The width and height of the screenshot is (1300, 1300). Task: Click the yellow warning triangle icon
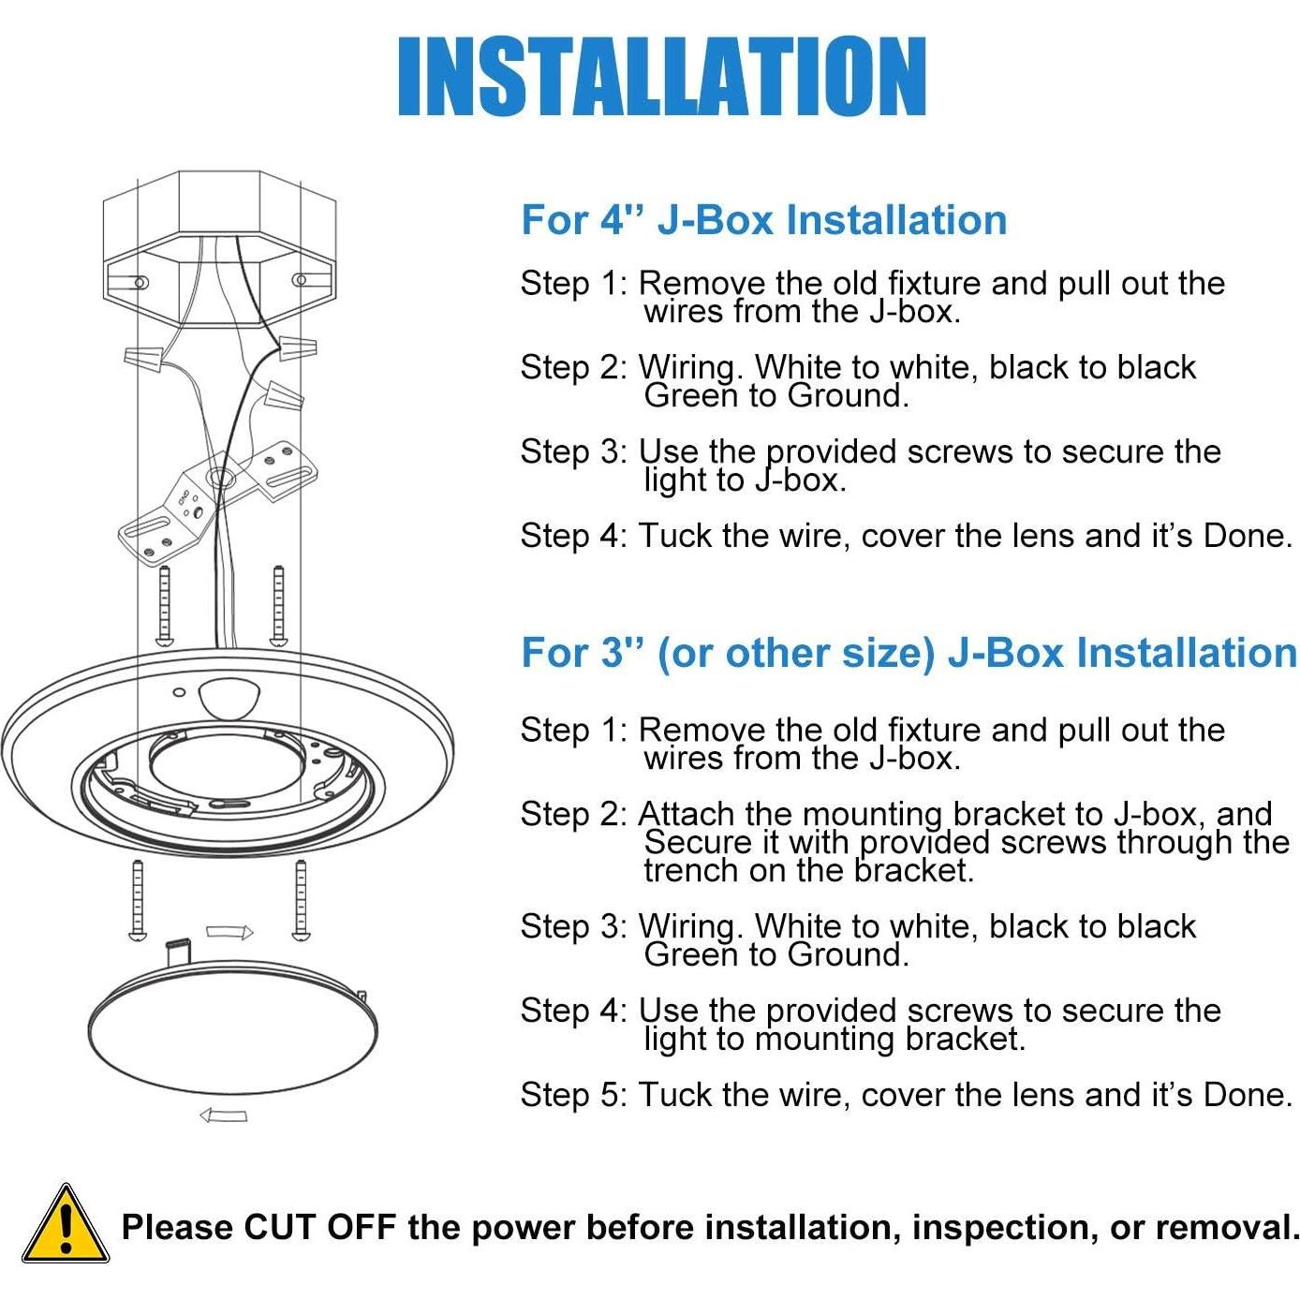65,1226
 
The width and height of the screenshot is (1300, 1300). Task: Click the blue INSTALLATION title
661,77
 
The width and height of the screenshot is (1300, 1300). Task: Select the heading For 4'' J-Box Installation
763,220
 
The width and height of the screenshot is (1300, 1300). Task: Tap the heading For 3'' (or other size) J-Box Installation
909,653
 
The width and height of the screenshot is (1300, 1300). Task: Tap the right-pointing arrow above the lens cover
229,932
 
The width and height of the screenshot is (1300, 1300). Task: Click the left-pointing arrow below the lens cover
224,1115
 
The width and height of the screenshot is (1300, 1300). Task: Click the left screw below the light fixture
138,900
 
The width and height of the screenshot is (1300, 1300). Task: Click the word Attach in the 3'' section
687,814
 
